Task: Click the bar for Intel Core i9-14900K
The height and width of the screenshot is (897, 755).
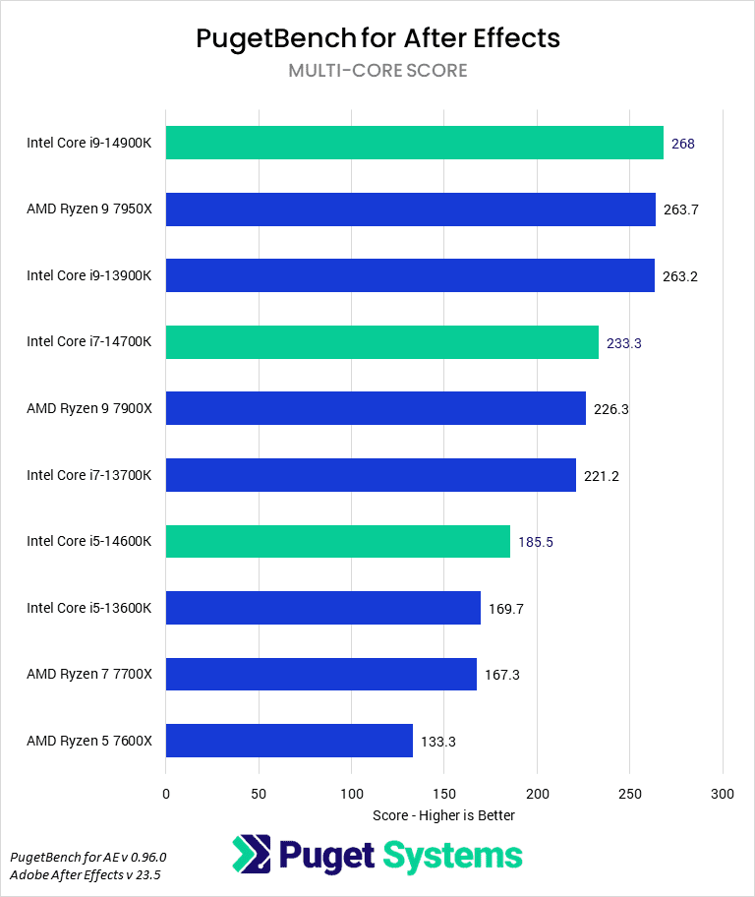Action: pyautogui.click(x=414, y=143)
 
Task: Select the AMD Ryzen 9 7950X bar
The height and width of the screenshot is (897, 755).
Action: pyautogui.click(x=410, y=209)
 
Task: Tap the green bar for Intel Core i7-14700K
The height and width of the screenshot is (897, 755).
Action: pyautogui.click(x=381, y=342)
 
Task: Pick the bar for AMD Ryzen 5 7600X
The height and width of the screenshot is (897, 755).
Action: pyautogui.click(x=289, y=741)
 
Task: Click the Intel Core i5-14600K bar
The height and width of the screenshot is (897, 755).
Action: pyautogui.click(x=337, y=541)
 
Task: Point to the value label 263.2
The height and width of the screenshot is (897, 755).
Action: pyautogui.click(x=680, y=276)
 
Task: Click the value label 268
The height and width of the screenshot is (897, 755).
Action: pyautogui.click(x=683, y=144)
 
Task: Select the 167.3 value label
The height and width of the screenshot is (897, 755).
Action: pyautogui.click(x=501, y=675)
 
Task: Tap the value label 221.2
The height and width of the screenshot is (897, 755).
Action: pyautogui.click(x=602, y=476)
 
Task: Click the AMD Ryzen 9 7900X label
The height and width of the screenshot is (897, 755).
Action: pyautogui.click(x=89, y=408)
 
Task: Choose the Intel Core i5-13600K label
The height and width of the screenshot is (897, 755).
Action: pyautogui.click(x=89, y=608)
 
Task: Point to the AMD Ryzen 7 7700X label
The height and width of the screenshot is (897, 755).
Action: pyautogui.click(x=89, y=675)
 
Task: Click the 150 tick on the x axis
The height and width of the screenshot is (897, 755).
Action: pyautogui.click(x=444, y=794)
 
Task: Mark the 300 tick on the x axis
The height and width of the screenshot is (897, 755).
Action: pyautogui.click(x=723, y=794)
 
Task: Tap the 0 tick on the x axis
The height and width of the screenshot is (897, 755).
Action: pyautogui.click(x=166, y=794)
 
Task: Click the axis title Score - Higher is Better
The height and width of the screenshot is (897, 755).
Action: pyautogui.click(x=443, y=815)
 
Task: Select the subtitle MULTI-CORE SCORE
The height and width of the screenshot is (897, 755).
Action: pyautogui.click(x=377, y=71)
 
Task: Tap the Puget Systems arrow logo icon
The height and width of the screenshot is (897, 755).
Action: pyautogui.click(x=251, y=853)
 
